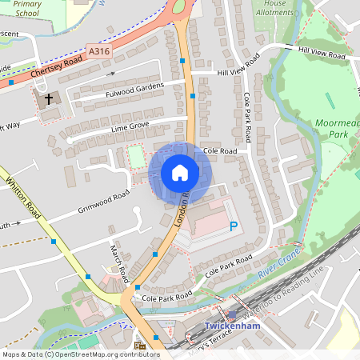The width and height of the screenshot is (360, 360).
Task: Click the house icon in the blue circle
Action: (x=180, y=173)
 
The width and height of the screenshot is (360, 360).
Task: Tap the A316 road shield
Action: (x=99, y=51)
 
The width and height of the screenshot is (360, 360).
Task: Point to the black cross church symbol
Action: (x=49, y=99)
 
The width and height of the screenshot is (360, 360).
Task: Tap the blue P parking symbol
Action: (x=234, y=227)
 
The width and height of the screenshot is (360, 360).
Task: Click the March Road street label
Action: (x=118, y=265)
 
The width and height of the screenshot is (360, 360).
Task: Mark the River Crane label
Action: (x=279, y=274)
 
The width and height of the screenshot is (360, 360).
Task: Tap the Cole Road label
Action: (x=220, y=150)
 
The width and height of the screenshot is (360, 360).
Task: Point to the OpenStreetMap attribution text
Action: (x=80, y=354)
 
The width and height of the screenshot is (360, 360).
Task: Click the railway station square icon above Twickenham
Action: (x=232, y=315)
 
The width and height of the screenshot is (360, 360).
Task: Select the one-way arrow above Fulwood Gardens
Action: (x=112, y=74)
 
